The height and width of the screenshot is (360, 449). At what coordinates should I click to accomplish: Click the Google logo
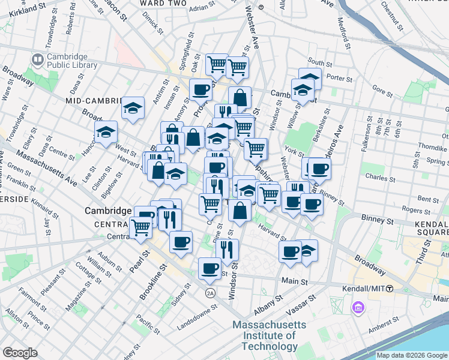(x=20, y=353)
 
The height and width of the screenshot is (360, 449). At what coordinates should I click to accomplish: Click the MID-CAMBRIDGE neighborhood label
(x=92, y=100)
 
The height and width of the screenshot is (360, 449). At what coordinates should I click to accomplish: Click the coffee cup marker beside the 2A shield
(x=210, y=268)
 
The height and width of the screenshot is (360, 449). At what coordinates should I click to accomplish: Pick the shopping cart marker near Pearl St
(x=140, y=227)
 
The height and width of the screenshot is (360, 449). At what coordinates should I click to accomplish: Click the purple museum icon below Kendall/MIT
(x=359, y=308)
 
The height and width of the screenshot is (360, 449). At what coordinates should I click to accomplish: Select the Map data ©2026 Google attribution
(x=412, y=355)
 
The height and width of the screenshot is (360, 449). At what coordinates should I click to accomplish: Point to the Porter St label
(x=339, y=79)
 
